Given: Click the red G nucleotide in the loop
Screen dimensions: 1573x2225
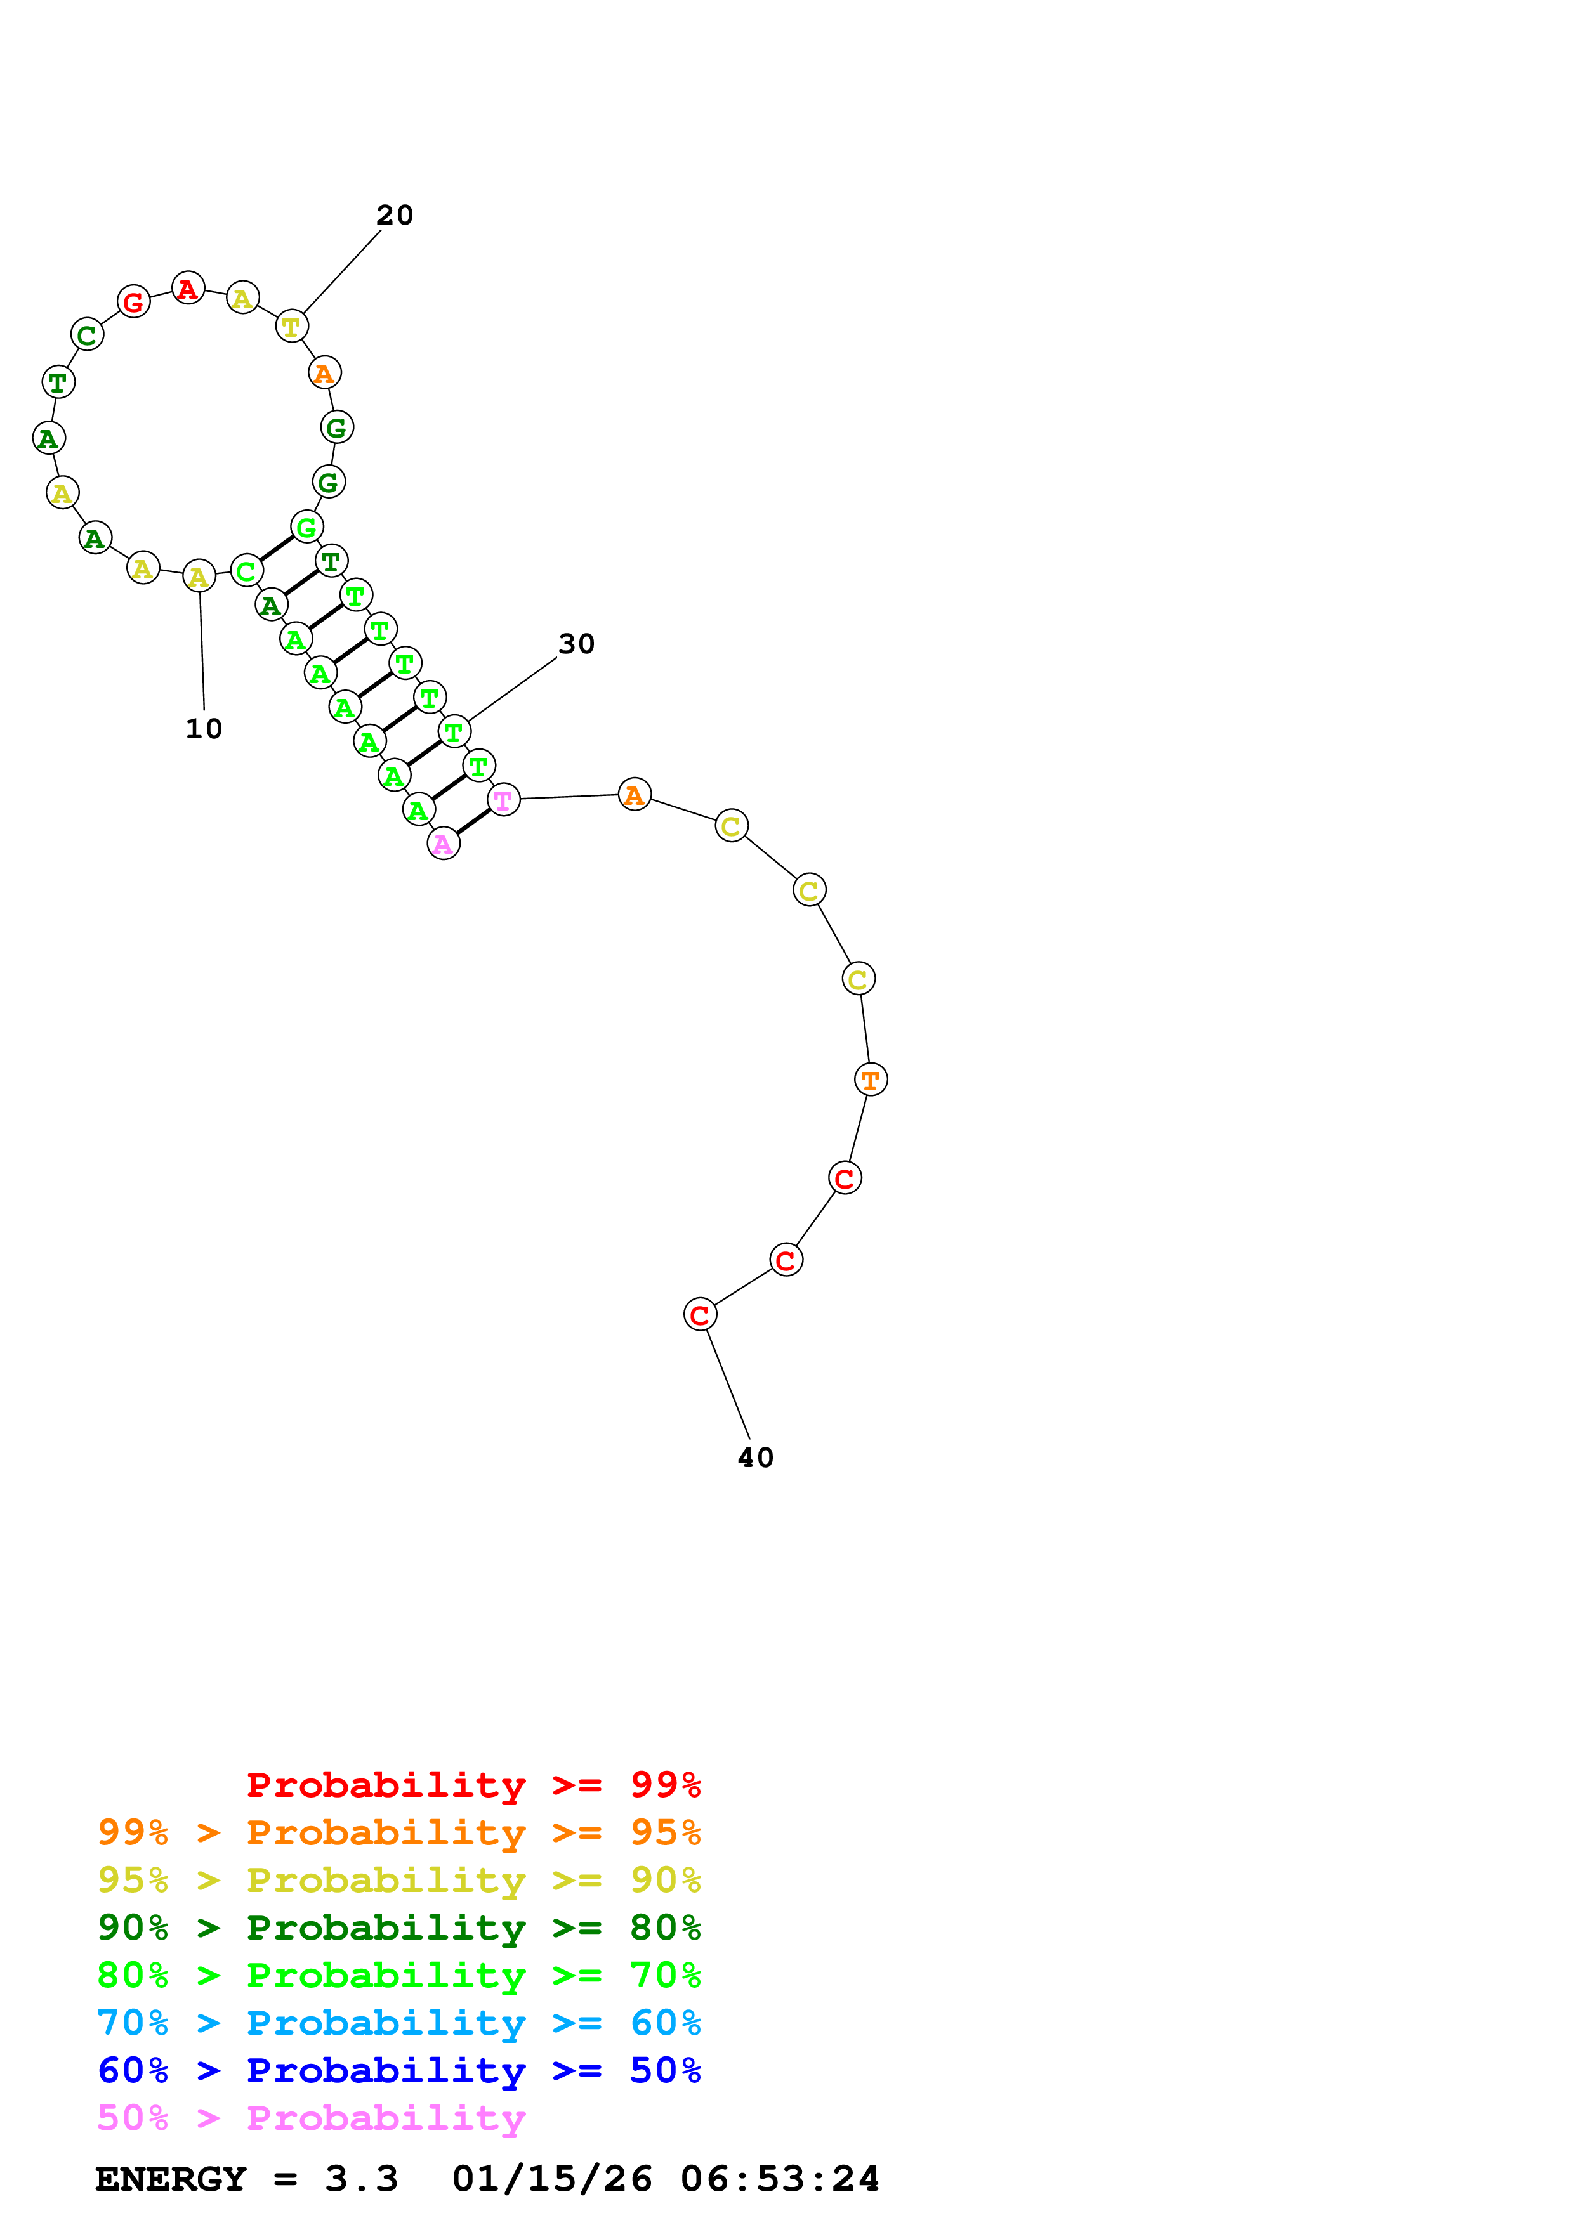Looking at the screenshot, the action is coord(134,303).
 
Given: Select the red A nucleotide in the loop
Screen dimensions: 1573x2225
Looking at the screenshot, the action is coord(188,288).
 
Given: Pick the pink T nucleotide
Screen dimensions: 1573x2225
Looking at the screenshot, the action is coord(504,800).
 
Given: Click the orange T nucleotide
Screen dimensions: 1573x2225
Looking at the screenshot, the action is coord(871,1080).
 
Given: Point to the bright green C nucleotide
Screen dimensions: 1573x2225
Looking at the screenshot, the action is coord(246,571).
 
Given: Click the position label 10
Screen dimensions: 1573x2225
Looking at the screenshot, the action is coord(204,729).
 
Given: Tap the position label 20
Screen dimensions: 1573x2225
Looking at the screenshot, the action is coord(395,215).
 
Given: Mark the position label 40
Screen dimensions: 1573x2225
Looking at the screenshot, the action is coord(756,1458).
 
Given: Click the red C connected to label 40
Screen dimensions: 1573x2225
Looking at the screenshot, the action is coord(700,1315).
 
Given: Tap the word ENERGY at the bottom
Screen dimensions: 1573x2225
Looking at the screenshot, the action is coord(171,2179).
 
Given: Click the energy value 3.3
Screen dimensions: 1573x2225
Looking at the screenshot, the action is coord(362,2179).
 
